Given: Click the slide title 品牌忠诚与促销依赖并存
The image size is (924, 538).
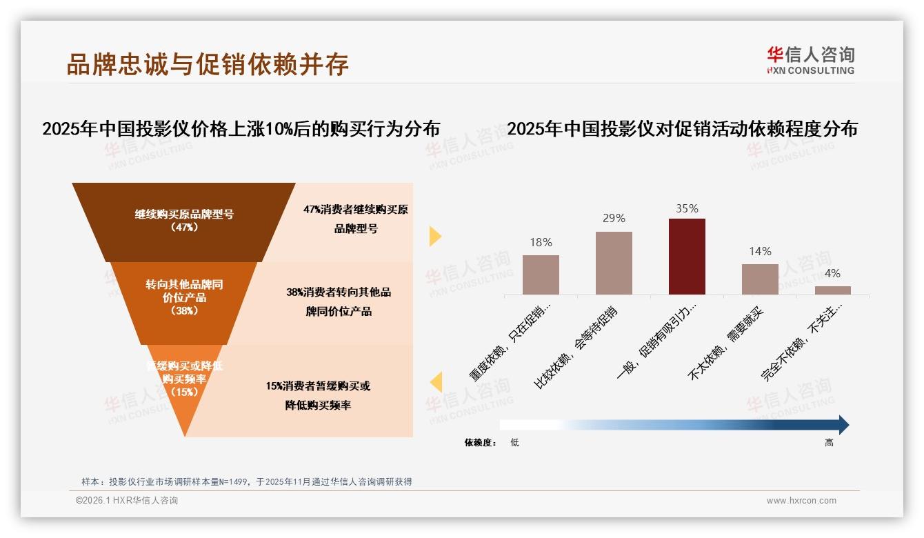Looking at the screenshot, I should [x=208, y=64].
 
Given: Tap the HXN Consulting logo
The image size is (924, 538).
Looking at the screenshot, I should [x=810, y=60].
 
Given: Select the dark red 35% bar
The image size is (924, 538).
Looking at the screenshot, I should [x=687, y=257].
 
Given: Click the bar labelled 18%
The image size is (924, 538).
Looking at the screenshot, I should [x=541, y=275].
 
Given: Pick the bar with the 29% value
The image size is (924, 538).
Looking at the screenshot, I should [x=614, y=263].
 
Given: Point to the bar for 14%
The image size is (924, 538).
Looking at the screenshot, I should [x=760, y=279].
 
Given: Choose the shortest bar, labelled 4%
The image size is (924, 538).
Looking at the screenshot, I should [x=833, y=290].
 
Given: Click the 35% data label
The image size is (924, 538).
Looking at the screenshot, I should [x=687, y=208].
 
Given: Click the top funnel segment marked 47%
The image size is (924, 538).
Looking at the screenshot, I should [x=184, y=221].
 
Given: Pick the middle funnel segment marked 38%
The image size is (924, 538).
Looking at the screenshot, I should [x=184, y=298].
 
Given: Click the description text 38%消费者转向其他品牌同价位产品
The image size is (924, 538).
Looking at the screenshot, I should [x=339, y=301].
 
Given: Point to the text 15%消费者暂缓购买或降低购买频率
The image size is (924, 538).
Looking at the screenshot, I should [x=318, y=395].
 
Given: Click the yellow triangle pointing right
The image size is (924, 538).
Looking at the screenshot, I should [x=434, y=236].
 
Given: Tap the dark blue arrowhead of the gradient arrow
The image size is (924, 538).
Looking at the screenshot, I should [x=843, y=425].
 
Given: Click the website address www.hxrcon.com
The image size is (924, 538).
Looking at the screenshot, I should [x=801, y=501].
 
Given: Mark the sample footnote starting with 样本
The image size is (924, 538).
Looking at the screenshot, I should [x=246, y=481].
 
